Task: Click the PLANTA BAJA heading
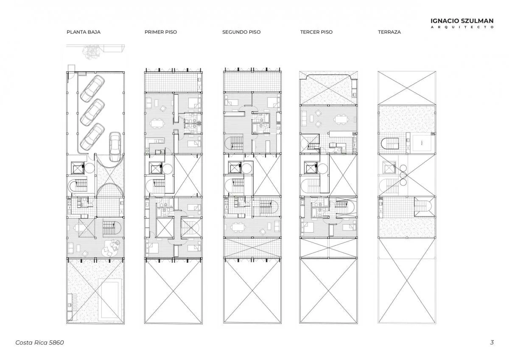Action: click(x=84, y=32)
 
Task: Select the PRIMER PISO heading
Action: click(x=161, y=32)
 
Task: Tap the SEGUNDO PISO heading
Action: click(x=241, y=32)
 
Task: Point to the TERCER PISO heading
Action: click(x=316, y=32)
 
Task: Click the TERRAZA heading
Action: click(x=389, y=32)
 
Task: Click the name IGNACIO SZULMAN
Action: click(x=462, y=21)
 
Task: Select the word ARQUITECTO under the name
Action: click(x=462, y=27)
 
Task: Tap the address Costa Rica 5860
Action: click(x=39, y=343)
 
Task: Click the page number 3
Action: click(x=492, y=342)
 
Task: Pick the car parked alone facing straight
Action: click(x=115, y=147)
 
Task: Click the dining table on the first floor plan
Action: click(x=157, y=124)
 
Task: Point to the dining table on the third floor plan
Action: click(x=341, y=119)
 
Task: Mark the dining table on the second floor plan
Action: click(x=238, y=227)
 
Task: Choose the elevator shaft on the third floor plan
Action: click(x=311, y=168)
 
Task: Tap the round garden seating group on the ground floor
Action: click(x=111, y=249)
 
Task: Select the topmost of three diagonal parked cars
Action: click(x=92, y=88)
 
